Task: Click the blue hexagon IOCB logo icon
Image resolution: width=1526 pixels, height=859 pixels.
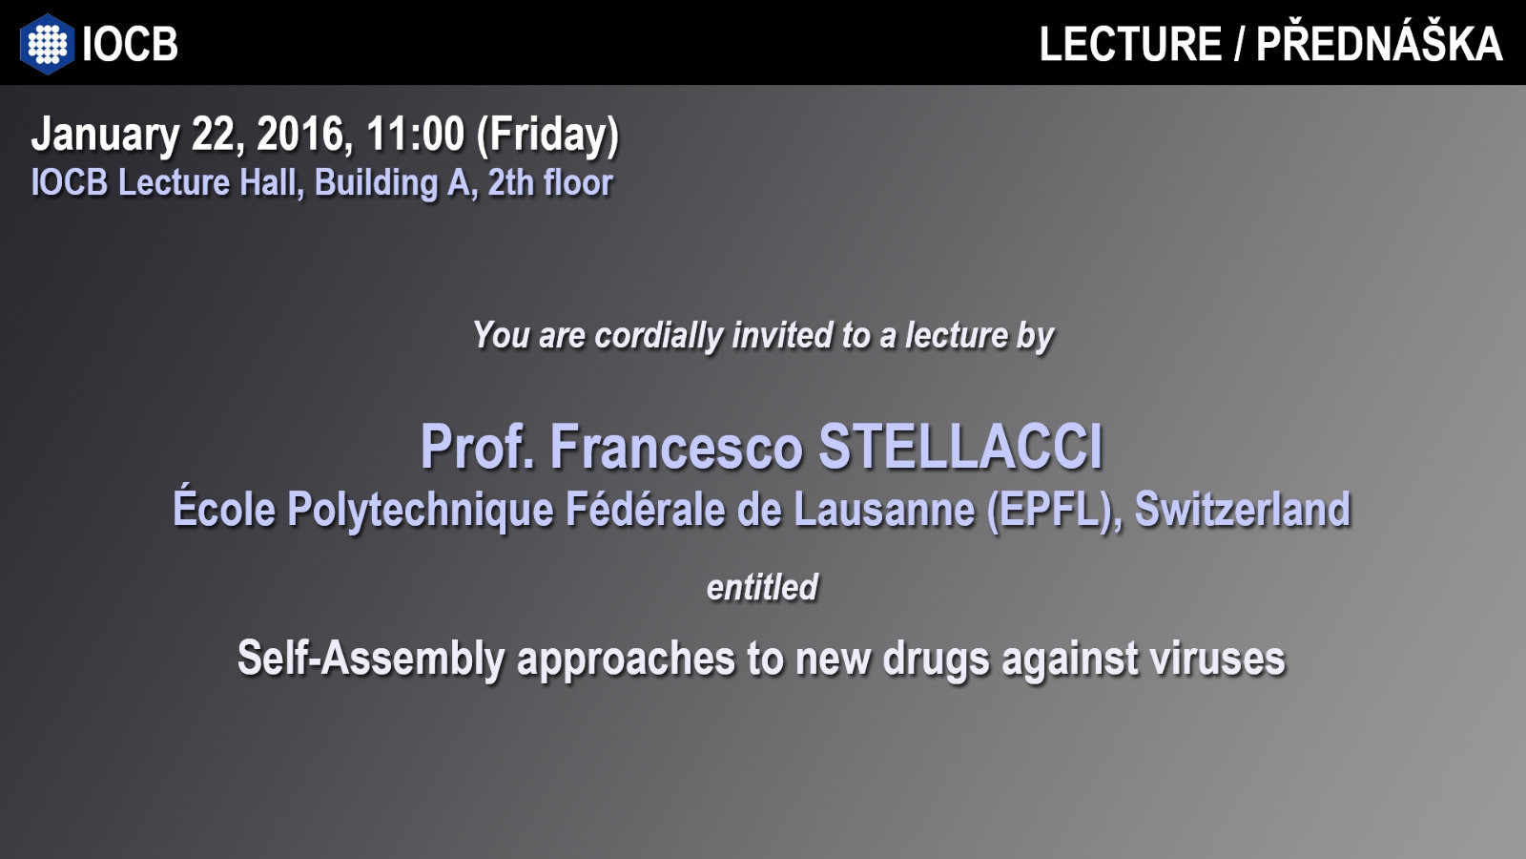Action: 47,44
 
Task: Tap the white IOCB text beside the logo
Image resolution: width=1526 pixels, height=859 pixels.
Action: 130,44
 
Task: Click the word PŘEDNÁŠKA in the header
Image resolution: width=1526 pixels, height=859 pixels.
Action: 1379,43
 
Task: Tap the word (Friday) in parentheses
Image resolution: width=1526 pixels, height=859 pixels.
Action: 547,135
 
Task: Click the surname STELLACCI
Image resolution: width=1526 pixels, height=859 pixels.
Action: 960,447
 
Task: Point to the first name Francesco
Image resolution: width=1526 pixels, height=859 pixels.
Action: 676,447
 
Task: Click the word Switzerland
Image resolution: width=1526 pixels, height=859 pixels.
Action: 1243,509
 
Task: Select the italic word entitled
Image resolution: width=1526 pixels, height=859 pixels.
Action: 762,587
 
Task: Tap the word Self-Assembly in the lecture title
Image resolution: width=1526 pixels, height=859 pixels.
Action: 371,659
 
